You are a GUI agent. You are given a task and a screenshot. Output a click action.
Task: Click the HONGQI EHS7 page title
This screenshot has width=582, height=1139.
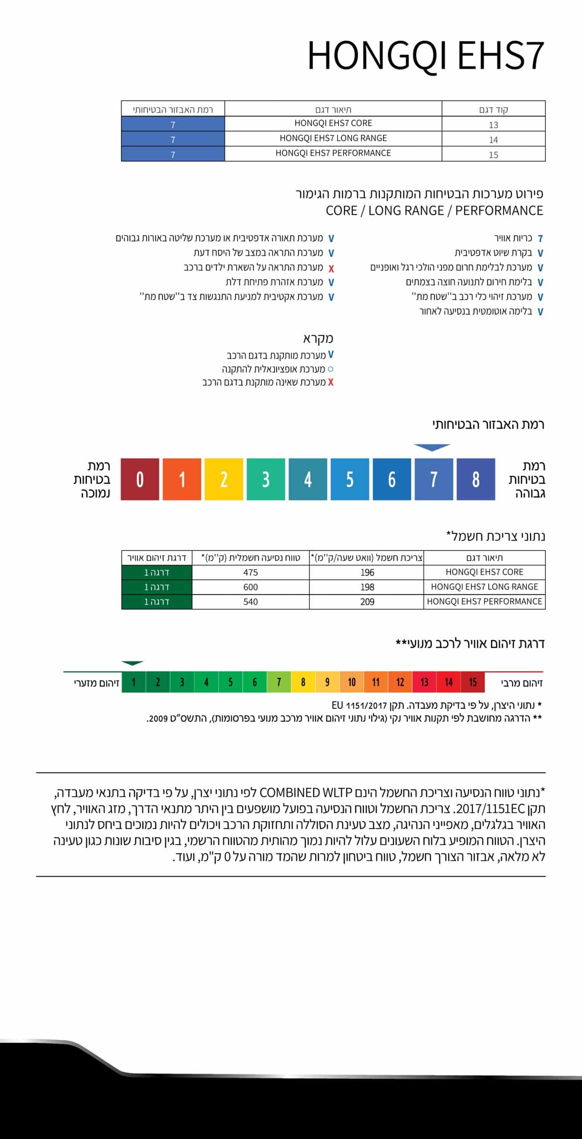tap(425, 56)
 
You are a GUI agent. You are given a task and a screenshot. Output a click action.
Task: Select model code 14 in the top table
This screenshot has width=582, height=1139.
tap(493, 140)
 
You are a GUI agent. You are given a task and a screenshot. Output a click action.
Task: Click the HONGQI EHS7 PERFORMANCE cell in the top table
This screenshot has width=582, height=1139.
tap(333, 153)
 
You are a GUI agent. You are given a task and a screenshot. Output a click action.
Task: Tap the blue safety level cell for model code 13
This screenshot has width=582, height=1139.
tap(173, 124)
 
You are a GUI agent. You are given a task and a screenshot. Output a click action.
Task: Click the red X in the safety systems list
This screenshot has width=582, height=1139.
tap(331, 268)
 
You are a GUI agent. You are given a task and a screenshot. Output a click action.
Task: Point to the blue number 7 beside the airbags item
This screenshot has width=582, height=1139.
tap(540, 238)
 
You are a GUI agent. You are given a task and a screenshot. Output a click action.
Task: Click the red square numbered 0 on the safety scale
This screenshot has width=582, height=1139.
tap(140, 479)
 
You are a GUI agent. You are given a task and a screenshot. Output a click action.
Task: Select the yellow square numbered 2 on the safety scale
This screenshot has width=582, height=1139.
tap(224, 479)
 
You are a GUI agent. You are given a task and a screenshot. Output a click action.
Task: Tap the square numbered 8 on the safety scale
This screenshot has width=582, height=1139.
tap(476, 479)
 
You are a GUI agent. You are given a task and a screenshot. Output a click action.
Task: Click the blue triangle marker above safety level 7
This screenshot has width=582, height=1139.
tap(432, 447)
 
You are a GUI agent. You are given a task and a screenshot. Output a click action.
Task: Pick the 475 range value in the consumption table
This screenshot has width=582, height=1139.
tap(250, 572)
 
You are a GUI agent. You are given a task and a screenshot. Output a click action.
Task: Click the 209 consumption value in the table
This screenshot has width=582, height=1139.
tap(367, 602)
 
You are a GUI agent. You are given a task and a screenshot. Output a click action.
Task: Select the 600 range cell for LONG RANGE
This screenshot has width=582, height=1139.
tap(250, 587)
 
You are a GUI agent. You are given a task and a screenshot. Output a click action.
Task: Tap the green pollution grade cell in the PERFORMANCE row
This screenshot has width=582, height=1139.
tap(157, 602)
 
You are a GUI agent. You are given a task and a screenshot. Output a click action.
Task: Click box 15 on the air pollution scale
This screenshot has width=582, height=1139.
tap(473, 682)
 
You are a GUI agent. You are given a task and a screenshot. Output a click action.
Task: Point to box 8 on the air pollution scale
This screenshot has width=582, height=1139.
tap(303, 682)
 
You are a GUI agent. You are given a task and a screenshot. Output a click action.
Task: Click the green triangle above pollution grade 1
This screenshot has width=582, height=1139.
tap(132, 663)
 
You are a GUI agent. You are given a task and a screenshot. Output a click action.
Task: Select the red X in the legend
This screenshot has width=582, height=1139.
tap(331, 382)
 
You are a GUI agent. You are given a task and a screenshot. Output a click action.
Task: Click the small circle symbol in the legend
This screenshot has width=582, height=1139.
tap(330, 369)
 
